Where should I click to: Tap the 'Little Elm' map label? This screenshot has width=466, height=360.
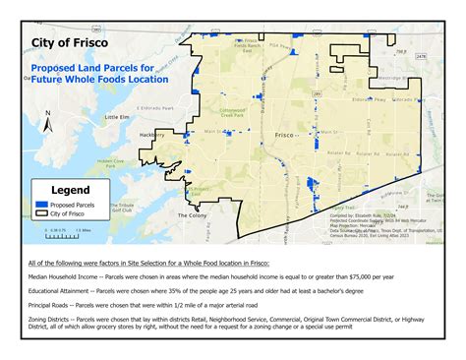(117, 116)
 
